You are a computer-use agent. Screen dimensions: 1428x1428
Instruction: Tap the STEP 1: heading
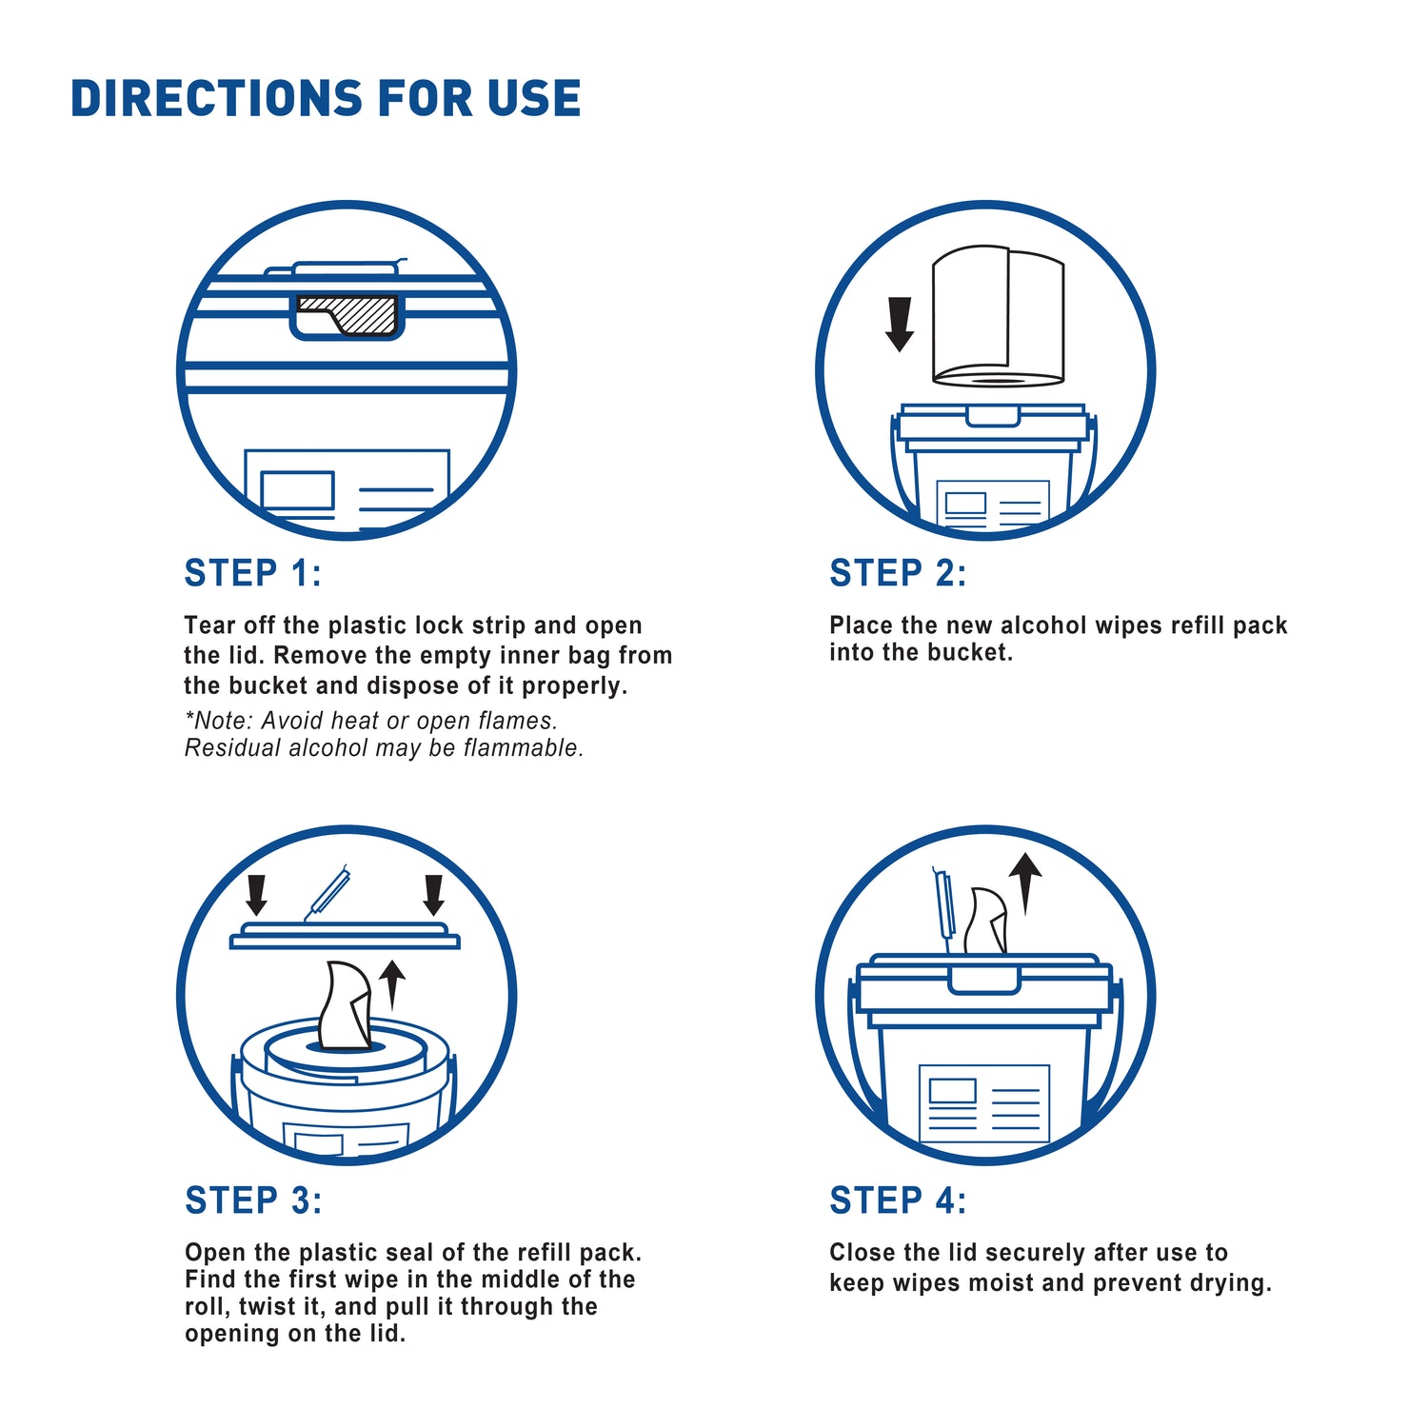(253, 573)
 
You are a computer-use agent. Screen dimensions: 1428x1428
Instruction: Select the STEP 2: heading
(898, 573)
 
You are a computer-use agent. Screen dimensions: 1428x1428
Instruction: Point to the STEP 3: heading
(253, 1200)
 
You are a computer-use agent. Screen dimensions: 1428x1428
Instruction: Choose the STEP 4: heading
(898, 1200)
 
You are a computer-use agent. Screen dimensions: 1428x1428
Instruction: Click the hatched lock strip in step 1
(348, 314)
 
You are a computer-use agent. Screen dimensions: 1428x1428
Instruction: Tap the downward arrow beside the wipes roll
(900, 324)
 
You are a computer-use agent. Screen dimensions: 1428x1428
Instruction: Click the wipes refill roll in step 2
(997, 316)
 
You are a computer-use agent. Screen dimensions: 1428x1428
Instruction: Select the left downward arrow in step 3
(256, 895)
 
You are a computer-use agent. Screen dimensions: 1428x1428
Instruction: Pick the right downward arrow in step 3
(434, 895)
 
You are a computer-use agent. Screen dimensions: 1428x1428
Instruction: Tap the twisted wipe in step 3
(345, 1006)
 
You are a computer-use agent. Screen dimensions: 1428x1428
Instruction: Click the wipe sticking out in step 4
(986, 921)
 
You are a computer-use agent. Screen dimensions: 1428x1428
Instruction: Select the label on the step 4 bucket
(984, 1103)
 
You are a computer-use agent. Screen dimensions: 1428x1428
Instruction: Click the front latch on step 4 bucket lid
(984, 980)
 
